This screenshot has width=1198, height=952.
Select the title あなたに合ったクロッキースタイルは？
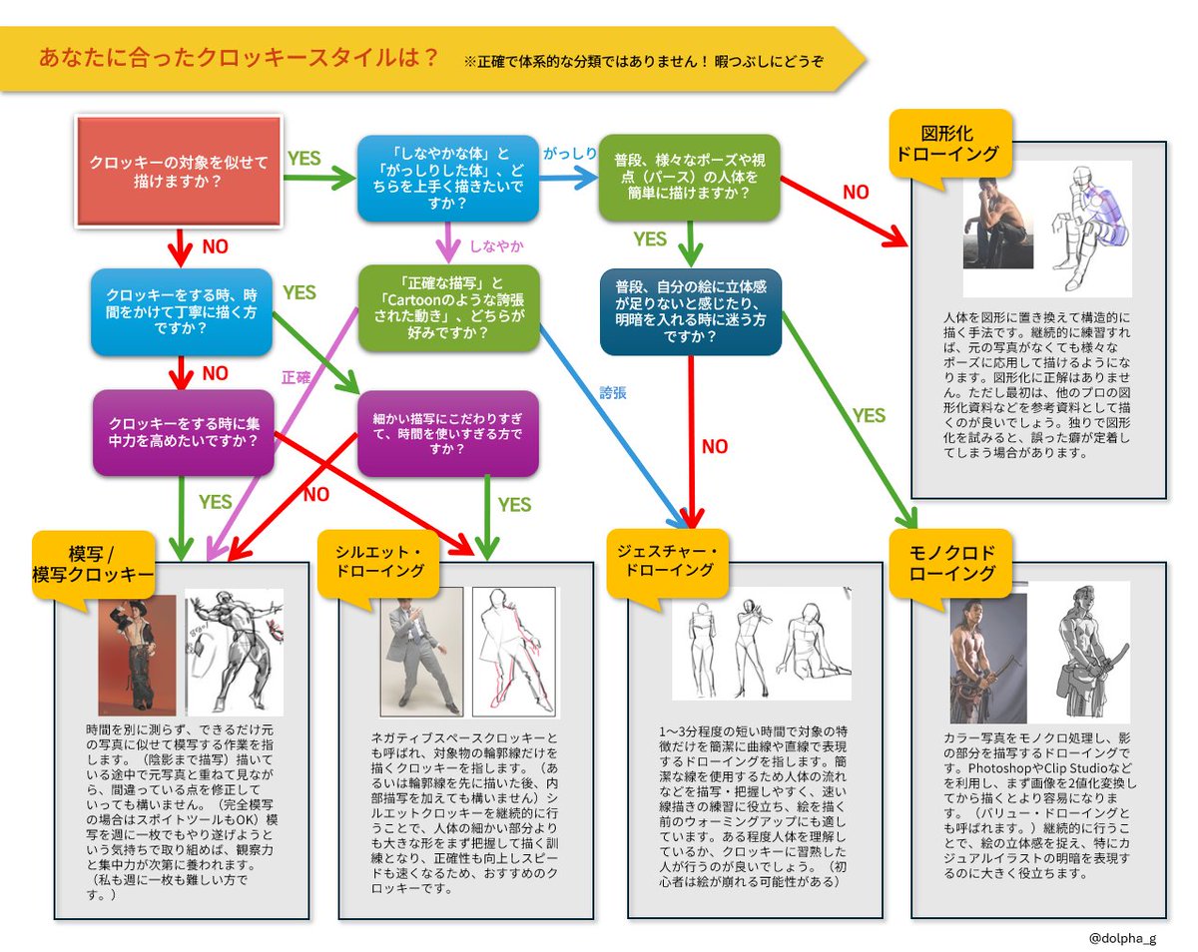tap(239, 57)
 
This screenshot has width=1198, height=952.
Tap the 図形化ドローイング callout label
tap(944, 144)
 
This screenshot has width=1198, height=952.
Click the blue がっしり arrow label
tap(570, 153)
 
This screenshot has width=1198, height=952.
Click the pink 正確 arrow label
tap(297, 378)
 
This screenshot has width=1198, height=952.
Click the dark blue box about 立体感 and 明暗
tap(690, 311)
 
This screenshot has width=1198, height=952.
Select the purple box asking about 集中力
tap(181, 432)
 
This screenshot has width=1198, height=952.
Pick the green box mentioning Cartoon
tap(448, 307)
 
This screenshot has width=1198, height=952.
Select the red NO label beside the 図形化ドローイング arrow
tap(857, 193)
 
